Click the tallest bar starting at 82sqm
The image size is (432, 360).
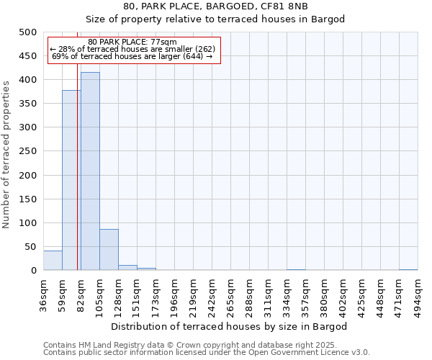coord(90,171)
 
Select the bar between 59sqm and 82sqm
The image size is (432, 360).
coord(71,180)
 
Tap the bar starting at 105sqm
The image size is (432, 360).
coord(109,250)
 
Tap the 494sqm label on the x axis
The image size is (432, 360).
coord(418,295)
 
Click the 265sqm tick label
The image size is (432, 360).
coord(231,295)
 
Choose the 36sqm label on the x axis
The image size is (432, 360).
coord(44,295)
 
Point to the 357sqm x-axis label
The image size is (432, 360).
coord(306,295)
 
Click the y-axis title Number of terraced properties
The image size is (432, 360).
coord(7,154)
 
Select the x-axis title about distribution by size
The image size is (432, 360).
coord(230,326)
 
